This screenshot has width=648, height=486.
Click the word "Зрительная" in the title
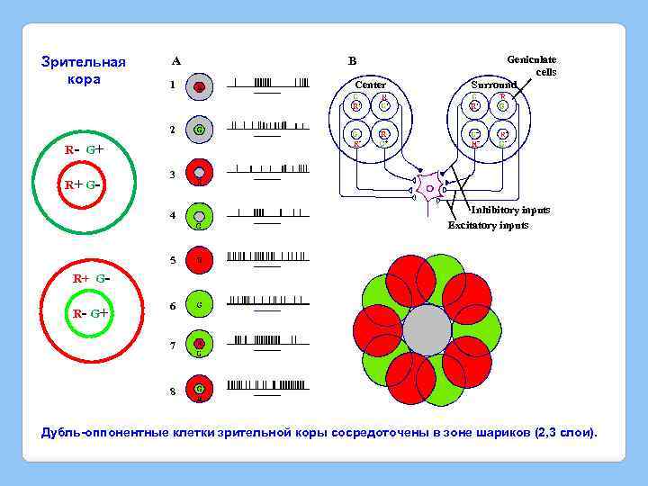tap(84, 62)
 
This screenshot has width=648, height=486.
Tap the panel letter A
tap(176, 61)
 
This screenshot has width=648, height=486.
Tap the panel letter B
tap(352, 61)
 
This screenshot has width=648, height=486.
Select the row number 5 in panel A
tap(172, 261)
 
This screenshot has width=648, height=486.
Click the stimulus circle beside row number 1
tap(200, 86)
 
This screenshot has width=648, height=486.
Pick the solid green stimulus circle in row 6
tap(200, 306)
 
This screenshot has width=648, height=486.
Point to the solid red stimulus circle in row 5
tap(200, 261)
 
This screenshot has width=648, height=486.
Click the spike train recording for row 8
tap(267, 384)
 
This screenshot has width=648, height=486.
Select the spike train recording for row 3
tap(267, 168)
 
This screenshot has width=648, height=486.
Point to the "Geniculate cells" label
tap(531, 65)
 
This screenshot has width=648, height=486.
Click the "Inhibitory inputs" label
tap(510, 210)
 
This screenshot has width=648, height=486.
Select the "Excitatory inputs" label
tap(489, 225)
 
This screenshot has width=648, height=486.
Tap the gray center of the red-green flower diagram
tap(427, 330)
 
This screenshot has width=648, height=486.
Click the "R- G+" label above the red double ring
tap(84, 149)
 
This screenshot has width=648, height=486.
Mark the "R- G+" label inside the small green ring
tap(90, 313)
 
